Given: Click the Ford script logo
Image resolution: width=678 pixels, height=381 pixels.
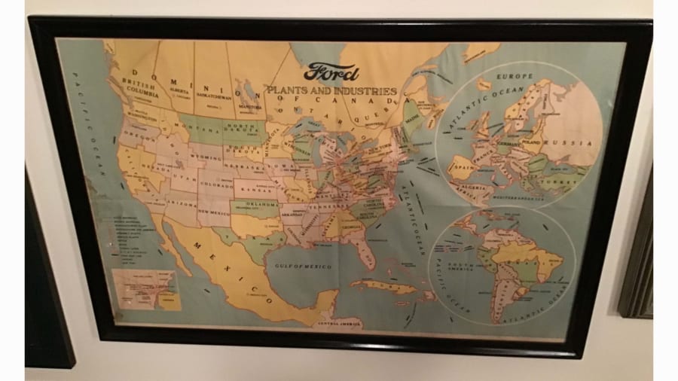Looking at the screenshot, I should tap(331, 73).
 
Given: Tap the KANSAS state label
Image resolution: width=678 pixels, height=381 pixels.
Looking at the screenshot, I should tap(255, 186).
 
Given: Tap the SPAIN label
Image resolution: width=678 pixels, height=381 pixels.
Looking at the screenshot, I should tap(463, 161).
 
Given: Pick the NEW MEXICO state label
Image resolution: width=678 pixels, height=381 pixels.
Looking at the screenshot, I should tap(212, 214).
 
